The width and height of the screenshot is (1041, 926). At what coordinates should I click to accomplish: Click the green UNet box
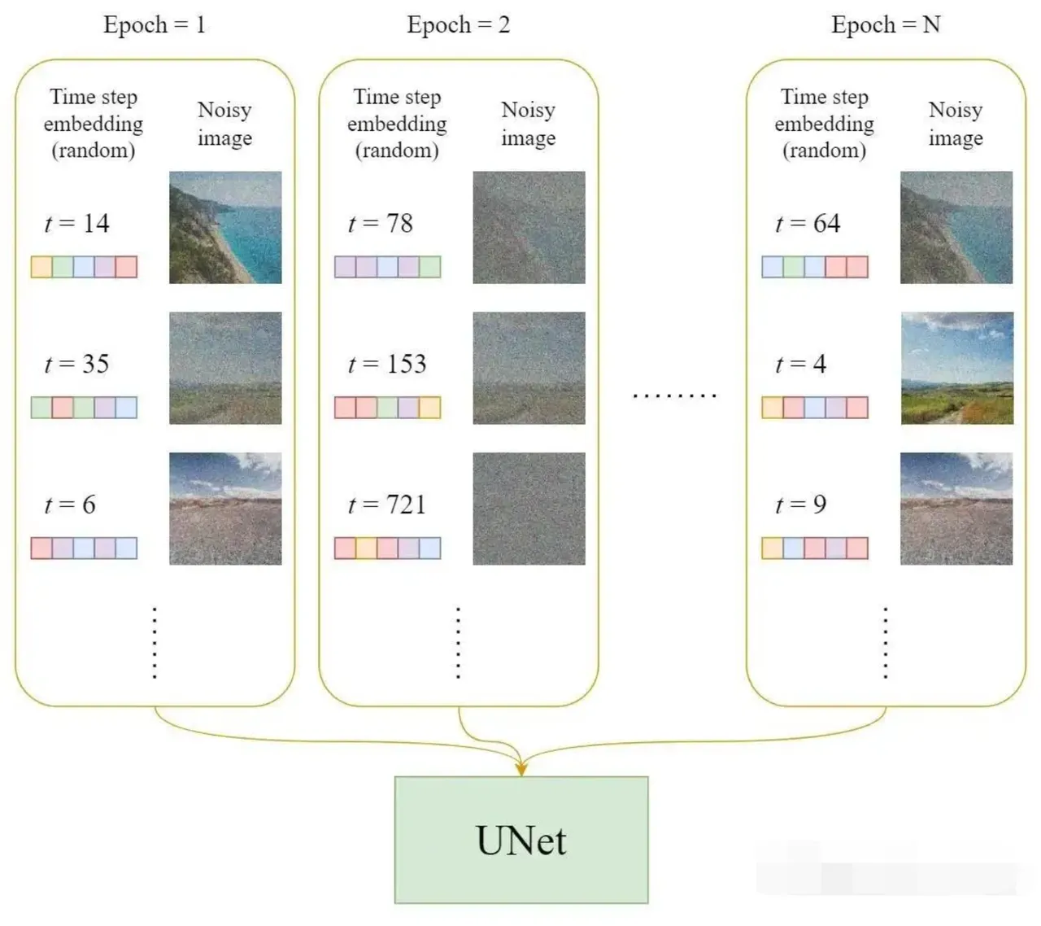[x=521, y=840]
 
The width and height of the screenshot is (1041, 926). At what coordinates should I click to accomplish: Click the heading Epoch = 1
[x=155, y=25]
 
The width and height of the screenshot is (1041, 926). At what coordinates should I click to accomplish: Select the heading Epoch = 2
[x=459, y=25]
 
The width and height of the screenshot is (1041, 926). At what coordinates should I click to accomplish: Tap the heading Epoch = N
[x=886, y=25]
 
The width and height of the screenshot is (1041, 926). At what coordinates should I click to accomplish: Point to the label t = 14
[x=77, y=224]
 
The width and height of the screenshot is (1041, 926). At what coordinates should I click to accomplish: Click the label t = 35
[x=77, y=364]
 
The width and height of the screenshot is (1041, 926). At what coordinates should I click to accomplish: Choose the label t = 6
[x=70, y=504]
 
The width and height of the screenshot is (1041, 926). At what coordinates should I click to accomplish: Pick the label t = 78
[x=381, y=224]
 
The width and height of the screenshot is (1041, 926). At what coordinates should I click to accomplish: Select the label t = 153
[x=387, y=364]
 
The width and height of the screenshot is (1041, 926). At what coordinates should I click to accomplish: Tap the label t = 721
[x=387, y=504]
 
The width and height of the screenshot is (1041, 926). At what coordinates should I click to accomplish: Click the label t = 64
[x=808, y=224]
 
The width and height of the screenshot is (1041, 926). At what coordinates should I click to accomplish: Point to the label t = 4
[x=801, y=364]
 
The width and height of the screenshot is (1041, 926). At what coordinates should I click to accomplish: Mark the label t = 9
[x=801, y=504]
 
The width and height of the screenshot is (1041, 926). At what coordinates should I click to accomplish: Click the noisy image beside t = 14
[x=225, y=227]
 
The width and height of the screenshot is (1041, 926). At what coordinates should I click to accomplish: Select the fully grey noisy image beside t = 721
[x=529, y=509]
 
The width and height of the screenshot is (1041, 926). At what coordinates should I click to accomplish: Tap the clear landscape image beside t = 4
[x=956, y=368]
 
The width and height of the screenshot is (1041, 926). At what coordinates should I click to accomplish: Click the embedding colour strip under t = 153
[x=388, y=407]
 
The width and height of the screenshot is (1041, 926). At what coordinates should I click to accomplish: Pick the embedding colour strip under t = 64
[x=815, y=267]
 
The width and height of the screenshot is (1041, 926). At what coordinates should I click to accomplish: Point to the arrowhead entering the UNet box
[x=521, y=767]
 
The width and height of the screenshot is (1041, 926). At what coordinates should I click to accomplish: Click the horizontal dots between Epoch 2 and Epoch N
[x=674, y=395]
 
